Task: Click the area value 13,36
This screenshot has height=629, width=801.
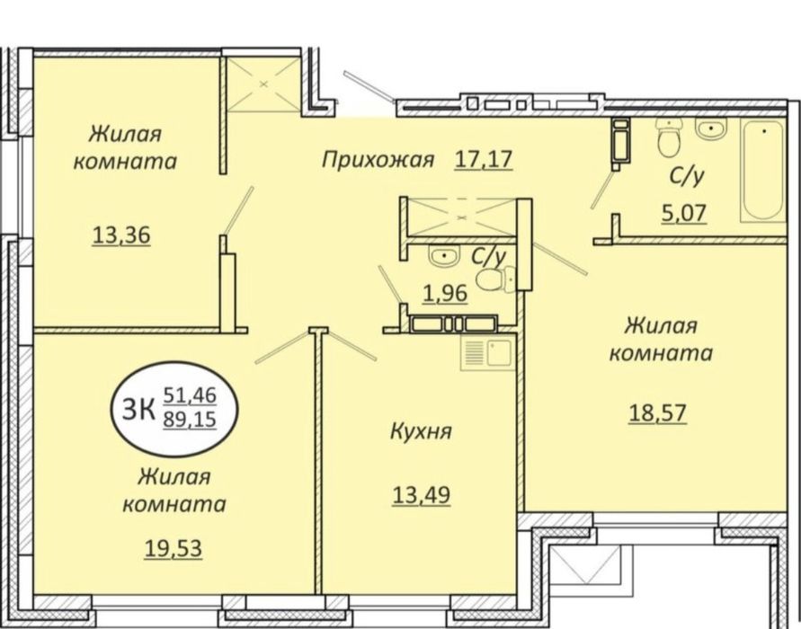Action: click(121, 235)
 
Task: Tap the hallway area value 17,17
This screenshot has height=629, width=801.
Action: click(484, 159)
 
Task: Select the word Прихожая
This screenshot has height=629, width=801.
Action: click(378, 160)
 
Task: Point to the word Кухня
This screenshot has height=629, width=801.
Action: click(421, 431)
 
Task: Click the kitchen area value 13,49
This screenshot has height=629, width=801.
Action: click(422, 495)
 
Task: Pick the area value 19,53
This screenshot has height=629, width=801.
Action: click(174, 549)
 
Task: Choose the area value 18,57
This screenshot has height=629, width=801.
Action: click(657, 413)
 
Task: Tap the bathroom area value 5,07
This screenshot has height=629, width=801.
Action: click(684, 213)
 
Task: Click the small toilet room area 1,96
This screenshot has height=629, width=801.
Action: click(445, 294)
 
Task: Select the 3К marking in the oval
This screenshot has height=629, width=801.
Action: click(138, 409)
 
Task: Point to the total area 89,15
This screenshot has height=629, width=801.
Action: click(190, 420)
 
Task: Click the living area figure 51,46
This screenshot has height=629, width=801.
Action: click(190, 395)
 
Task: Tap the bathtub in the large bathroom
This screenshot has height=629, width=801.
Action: click(763, 171)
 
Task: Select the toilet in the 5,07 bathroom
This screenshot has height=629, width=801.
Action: click(670, 137)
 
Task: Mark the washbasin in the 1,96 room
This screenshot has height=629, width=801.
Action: click(445, 256)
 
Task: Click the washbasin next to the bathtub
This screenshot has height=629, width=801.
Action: click(710, 129)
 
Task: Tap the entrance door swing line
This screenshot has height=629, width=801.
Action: click(369, 85)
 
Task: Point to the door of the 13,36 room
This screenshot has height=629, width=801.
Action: click(238, 209)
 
